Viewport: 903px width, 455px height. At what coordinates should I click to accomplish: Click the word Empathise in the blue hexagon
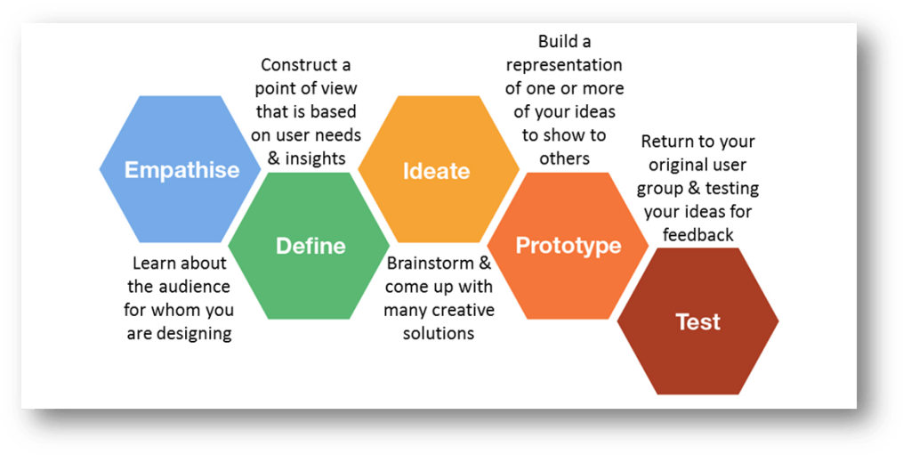(x=181, y=169)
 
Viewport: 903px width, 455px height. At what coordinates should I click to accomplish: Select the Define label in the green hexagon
(x=310, y=245)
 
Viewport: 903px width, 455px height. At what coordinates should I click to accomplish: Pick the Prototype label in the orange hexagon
(x=568, y=245)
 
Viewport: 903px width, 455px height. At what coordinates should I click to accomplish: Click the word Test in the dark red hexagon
(x=697, y=321)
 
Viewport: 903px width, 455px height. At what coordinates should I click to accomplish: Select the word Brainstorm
(x=429, y=264)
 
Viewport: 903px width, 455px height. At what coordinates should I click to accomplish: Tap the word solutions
(x=439, y=333)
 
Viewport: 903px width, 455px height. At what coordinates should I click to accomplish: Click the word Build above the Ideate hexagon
(x=557, y=42)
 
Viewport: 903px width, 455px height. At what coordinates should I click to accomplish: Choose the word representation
(x=563, y=65)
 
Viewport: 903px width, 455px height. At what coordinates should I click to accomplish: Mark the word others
(x=564, y=158)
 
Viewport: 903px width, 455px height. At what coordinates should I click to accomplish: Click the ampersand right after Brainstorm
(x=485, y=264)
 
